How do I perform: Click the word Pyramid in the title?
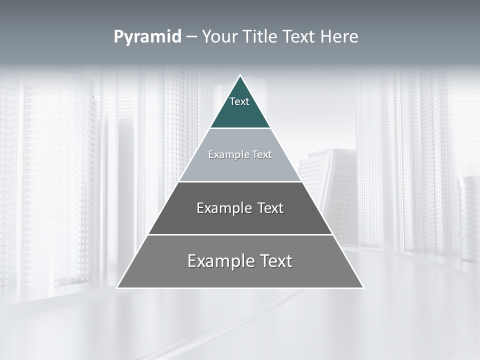coord(147,37)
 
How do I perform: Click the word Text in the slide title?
coord(299,37)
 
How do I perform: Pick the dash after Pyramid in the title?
coord(191,37)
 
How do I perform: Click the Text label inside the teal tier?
coord(239,101)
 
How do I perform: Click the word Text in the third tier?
coord(271,208)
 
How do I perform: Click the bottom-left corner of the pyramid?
coord(118,287)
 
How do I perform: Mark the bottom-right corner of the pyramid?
coord(363,287)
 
